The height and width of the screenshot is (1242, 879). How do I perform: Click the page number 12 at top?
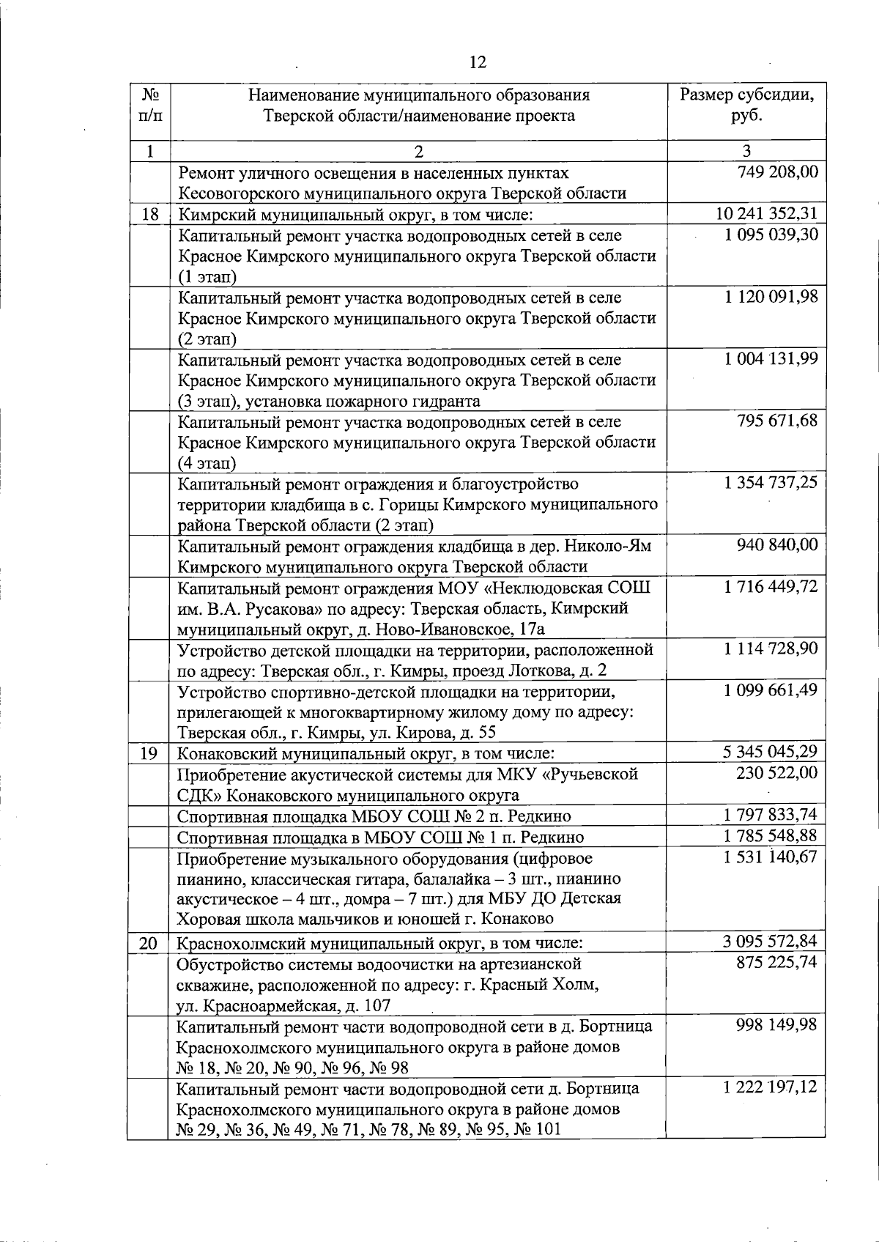click(x=477, y=62)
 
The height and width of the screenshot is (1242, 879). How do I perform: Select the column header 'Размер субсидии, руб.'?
click(x=746, y=106)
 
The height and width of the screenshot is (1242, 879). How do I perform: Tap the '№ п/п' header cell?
click(x=149, y=106)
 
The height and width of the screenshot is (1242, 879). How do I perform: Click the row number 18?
click(x=149, y=214)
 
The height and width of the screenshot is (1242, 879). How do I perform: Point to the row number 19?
click(x=149, y=753)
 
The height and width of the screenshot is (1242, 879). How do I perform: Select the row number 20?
click(x=149, y=943)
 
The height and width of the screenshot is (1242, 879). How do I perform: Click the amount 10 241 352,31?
click(x=766, y=214)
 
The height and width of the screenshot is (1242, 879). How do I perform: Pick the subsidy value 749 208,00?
click(x=777, y=172)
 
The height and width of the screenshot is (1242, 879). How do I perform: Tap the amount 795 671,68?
click(x=777, y=421)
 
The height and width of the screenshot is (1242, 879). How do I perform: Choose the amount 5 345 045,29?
click(x=770, y=752)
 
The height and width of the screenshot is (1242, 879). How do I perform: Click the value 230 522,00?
click(x=777, y=773)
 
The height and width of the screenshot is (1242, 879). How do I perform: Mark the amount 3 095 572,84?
click(x=770, y=942)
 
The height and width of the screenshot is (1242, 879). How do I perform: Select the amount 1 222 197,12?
click(x=770, y=1088)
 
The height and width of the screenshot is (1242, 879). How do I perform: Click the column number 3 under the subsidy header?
click(x=746, y=152)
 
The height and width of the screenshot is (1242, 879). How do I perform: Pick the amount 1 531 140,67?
click(x=770, y=857)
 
